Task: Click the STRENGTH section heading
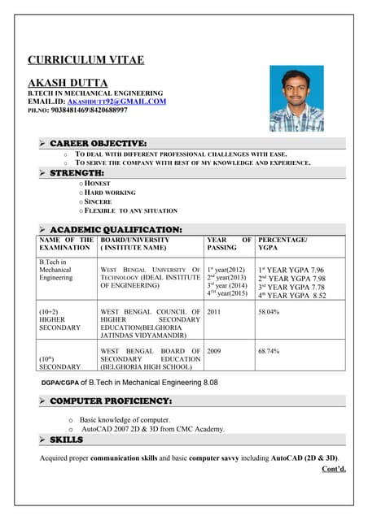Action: point(77,173)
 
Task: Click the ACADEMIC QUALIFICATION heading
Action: point(116,229)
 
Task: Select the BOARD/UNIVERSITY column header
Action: point(134,240)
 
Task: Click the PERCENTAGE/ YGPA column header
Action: point(283,245)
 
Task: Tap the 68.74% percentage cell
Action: point(269,351)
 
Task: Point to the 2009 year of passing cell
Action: point(215,351)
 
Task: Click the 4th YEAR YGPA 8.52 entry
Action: point(291,296)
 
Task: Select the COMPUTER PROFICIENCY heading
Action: point(110,401)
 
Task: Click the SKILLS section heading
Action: point(66,440)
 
